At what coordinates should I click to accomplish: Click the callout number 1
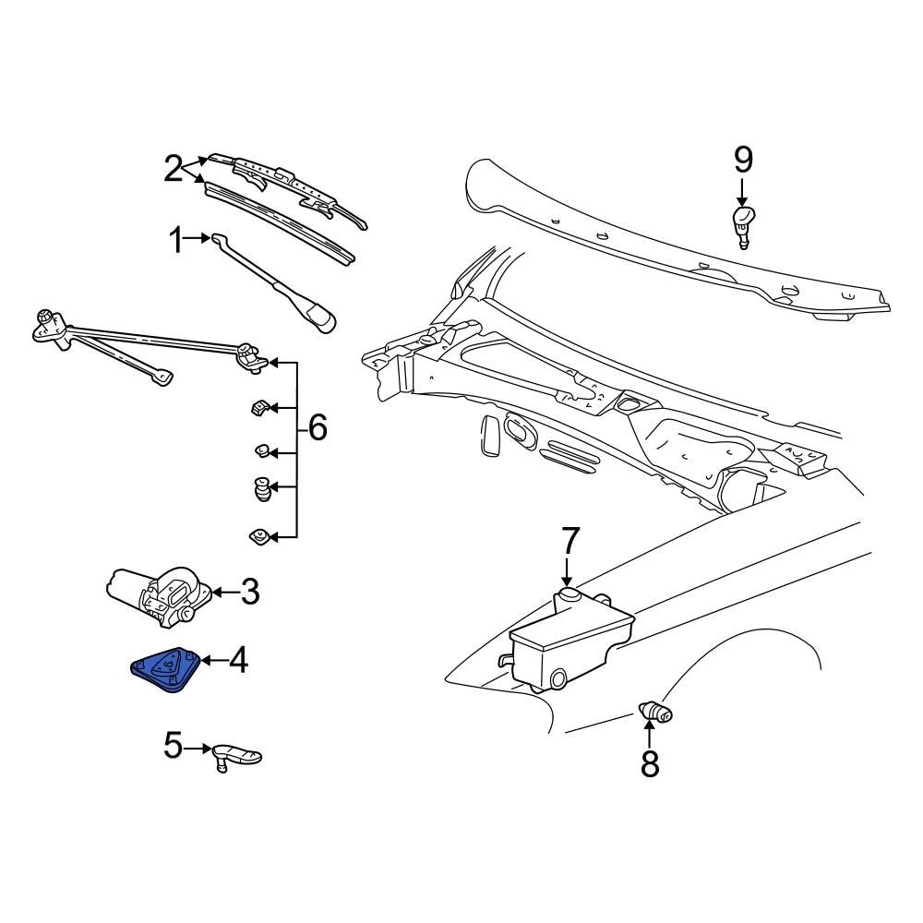click(x=176, y=242)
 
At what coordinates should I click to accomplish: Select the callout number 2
click(x=173, y=169)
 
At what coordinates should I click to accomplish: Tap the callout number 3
click(x=249, y=592)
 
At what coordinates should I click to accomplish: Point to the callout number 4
click(x=238, y=660)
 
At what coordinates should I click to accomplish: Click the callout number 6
click(x=317, y=428)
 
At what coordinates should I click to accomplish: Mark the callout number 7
click(x=569, y=540)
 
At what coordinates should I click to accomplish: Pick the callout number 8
click(x=650, y=762)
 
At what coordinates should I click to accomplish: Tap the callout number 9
click(x=743, y=161)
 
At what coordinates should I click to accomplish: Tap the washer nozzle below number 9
click(x=743, y=224)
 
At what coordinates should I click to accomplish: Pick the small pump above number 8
click(x=653, y=711)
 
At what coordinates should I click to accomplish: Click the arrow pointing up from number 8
click(x=650, y=735)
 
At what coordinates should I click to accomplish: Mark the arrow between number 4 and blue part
click(x=210, y=660)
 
